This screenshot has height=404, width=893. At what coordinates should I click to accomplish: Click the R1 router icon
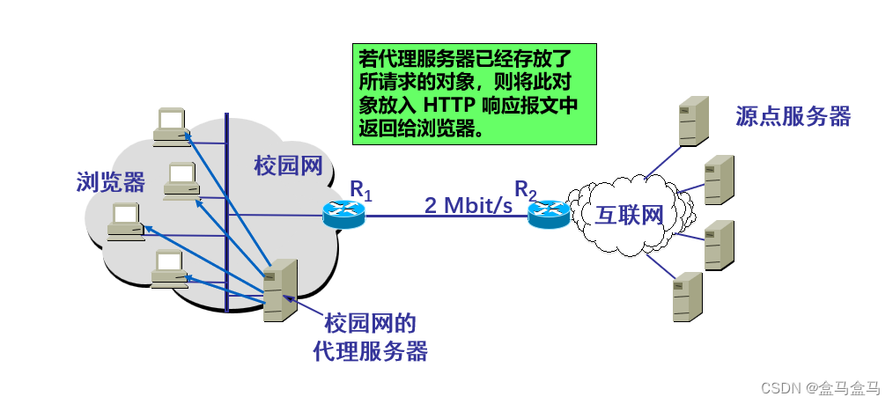343,214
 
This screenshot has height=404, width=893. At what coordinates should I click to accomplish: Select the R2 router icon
549,214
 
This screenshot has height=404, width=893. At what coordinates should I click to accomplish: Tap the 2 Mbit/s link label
468,205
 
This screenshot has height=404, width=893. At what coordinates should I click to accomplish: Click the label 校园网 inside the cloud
288,165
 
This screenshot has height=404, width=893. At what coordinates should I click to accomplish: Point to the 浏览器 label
110,182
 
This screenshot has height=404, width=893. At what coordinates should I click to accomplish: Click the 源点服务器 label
793,117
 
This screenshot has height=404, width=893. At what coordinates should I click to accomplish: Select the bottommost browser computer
168,269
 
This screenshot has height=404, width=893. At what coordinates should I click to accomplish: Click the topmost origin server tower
693,122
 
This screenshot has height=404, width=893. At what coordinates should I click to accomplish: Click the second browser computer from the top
181,180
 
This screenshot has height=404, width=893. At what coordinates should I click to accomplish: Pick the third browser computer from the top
126,221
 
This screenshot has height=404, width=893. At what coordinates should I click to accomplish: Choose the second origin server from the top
719,180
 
